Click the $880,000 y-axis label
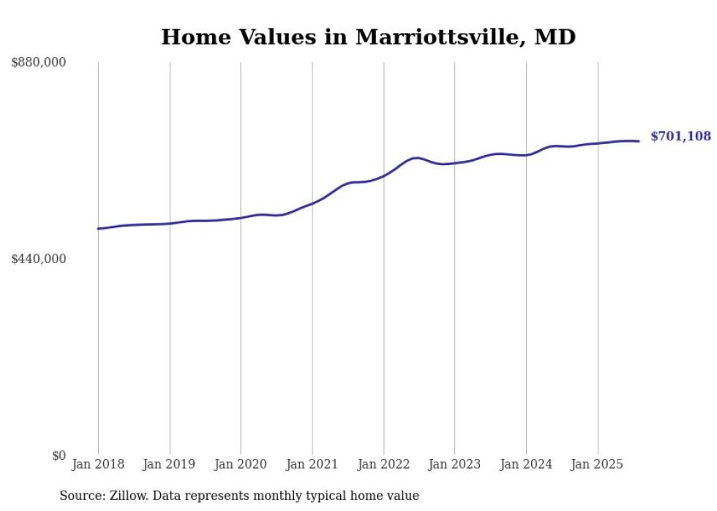click(39, 63)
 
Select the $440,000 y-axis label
click(39, 259)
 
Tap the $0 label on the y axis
click(59, 455)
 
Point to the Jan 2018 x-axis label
click(98, 464)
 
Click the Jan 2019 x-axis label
click(170, 464)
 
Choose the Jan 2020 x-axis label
click(241, 464)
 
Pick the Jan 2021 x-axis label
click(312, 464)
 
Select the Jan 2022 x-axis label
click(383, 464)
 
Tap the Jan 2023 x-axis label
click(455, 464)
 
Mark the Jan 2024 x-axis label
click(526, 464)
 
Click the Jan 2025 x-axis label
click(598, 464)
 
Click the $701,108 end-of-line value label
click(680, 137)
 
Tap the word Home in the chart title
click(192, 37)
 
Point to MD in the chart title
click(555, 37)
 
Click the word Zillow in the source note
click(127, 496)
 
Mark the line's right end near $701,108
click(639, 141)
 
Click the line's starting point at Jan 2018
click(98, 229)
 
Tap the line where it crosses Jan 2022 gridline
click(383, 175)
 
